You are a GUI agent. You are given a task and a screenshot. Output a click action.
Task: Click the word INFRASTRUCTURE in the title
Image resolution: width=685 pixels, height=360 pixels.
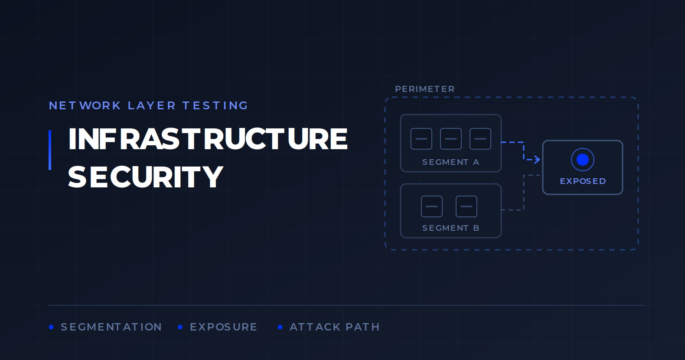tap(208, 139)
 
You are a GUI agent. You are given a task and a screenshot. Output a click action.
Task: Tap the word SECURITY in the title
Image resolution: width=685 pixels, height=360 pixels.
tap(146, 177)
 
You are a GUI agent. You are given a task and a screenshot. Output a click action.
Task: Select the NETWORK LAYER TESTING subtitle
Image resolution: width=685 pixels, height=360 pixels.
tap(148, 105)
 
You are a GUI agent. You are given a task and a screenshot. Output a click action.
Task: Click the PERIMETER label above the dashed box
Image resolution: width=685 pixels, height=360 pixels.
tap(425, 89)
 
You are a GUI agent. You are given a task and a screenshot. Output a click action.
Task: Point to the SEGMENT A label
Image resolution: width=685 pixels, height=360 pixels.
tap(451, 162)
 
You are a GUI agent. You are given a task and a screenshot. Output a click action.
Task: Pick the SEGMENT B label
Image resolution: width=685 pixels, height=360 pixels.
tap(451, 228)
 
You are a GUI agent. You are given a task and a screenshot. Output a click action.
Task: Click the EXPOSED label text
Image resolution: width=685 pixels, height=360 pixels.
tap(583, 181)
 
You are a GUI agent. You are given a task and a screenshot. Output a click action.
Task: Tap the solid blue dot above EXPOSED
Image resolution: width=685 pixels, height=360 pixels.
tap(583, 160)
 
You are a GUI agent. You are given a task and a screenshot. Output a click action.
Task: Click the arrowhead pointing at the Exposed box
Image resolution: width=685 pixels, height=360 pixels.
tap(537, 159)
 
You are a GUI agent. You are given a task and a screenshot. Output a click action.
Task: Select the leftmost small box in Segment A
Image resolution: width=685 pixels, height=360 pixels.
tap(421, 139)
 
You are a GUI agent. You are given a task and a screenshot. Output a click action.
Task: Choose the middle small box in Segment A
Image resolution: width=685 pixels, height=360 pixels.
tap(451, 139)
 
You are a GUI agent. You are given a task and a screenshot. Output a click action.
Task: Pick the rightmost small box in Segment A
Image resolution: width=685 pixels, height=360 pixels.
tap(480, 139)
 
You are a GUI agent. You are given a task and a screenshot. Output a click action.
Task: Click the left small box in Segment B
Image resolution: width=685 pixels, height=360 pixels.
tap(432, 206)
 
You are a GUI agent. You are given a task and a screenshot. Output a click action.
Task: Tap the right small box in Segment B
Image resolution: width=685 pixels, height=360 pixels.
tap(466, 206)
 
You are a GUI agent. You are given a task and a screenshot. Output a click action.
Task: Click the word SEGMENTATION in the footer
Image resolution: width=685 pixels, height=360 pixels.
tap(111, 327)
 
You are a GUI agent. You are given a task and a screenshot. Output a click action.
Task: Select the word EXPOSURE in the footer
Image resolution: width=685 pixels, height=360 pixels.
tap(224, 327)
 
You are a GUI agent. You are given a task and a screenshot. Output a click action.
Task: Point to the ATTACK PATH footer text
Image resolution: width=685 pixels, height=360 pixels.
tap(335, 327)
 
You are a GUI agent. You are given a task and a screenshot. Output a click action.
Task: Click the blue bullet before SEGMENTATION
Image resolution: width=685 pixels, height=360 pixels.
tap(51, 327)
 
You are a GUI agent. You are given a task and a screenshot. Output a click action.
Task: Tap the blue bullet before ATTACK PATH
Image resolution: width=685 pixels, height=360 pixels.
tap(280, 327)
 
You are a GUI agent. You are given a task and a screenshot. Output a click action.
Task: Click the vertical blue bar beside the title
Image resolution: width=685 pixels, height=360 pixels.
tap(50, 150)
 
